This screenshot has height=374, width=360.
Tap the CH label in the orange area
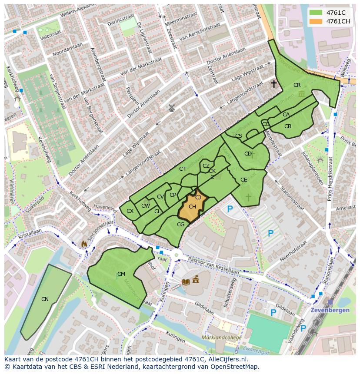coord(192,207)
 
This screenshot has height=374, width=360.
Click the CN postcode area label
coord(45,299)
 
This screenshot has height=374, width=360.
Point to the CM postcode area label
coord(121,274)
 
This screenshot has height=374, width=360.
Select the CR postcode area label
coord(297,85)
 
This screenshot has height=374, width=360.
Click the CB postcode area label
coord(288,126)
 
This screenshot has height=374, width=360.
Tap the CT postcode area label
coord(183,169)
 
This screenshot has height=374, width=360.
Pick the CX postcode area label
coord(130,211)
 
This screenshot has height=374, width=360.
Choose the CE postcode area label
coord(244,180)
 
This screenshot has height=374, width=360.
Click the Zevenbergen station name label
coord(330,310)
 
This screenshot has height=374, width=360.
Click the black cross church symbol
coord(274,84)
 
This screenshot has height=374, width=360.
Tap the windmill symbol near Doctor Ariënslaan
coord(172,108)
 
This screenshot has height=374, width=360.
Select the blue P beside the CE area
coord(230,209)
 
